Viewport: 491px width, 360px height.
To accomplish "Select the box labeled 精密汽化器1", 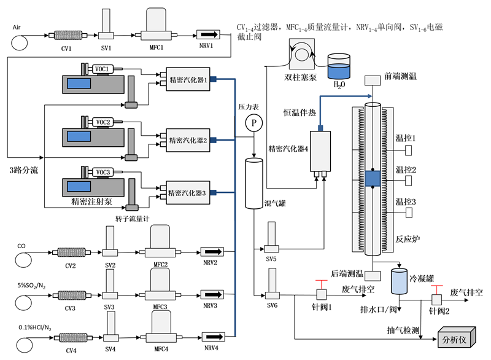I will pos(187,79).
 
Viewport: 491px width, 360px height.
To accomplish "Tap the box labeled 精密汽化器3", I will pos(187,192).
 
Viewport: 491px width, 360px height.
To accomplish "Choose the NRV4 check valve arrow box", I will pos(212,337).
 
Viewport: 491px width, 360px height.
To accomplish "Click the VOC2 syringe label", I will pos(102,122).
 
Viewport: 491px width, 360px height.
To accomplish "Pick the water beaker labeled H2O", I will pos(338,67).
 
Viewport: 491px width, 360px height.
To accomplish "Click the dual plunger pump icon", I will pos(301,55).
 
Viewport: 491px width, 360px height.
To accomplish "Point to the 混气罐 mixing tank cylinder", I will pos(253,183).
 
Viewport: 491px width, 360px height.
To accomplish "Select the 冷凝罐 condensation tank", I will pos(400,281).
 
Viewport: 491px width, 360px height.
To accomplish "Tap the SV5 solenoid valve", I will pos(271,238).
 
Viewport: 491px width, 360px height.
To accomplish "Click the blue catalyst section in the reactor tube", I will pos(373,178).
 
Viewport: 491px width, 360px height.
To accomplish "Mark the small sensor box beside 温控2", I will pos(408,181).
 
